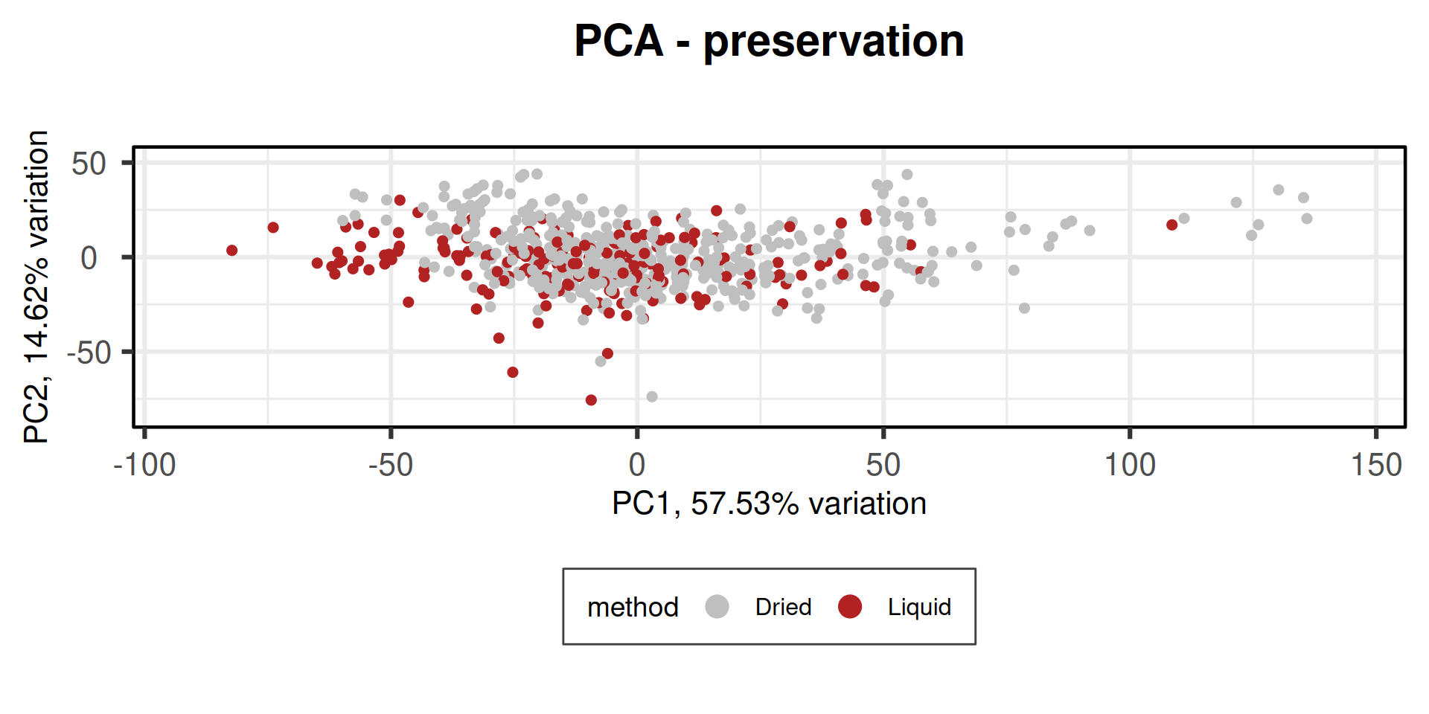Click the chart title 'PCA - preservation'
tap(769, 41)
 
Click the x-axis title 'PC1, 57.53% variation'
tap(769, 504)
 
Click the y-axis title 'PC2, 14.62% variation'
tap(36, 287)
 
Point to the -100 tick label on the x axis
tap(144, 466)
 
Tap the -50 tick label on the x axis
tap(390, 466)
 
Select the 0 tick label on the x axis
tap(636, 466)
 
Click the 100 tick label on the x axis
tap(1129, 466)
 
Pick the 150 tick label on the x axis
tap(1375, 466)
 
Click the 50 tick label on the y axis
tap(89, 164)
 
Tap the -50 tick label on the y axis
tap(89, 353)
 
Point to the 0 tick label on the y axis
tap(89, 258)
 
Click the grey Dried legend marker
tap(717, 607)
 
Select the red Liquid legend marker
tap(849, 607)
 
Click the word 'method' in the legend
tap(633, 607)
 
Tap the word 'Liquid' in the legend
tap(919, 607)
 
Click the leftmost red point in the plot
tap(231, 251)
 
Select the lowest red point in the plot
tap(591, 400)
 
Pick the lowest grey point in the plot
tap(652, 396)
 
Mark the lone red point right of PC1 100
tap(1171, 225)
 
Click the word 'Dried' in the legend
tap(783, 607)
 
